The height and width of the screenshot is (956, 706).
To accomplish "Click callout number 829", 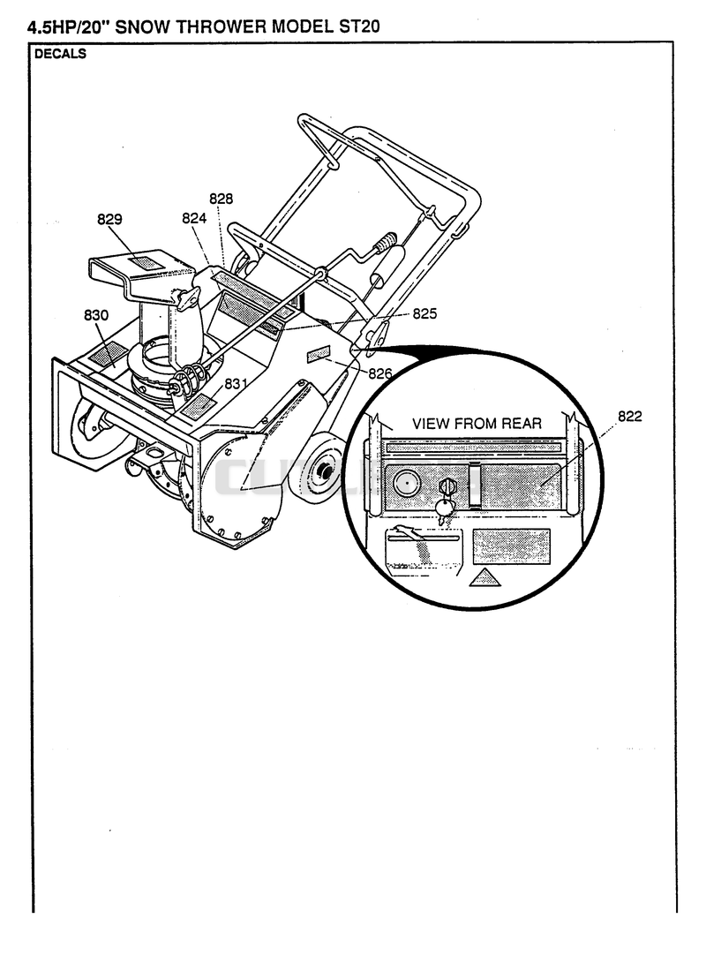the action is (x=109, y=219).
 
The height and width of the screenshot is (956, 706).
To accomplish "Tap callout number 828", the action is (x=222, y=199).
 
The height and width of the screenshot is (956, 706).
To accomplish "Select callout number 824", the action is (x=194, y=218).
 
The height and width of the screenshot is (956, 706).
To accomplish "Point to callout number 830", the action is (x=96, y=315).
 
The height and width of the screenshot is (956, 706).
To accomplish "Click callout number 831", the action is (x=236, y=383).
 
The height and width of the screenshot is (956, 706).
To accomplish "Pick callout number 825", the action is (x=425, y=313).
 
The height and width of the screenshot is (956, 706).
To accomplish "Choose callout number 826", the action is (x=379, y=373).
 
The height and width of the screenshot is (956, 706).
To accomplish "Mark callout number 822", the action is (x=630, y=417).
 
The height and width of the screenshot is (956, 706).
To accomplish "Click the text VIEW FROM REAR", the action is (x=477, y=423).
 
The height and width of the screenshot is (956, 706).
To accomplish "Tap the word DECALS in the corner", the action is (x=60, y=54).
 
